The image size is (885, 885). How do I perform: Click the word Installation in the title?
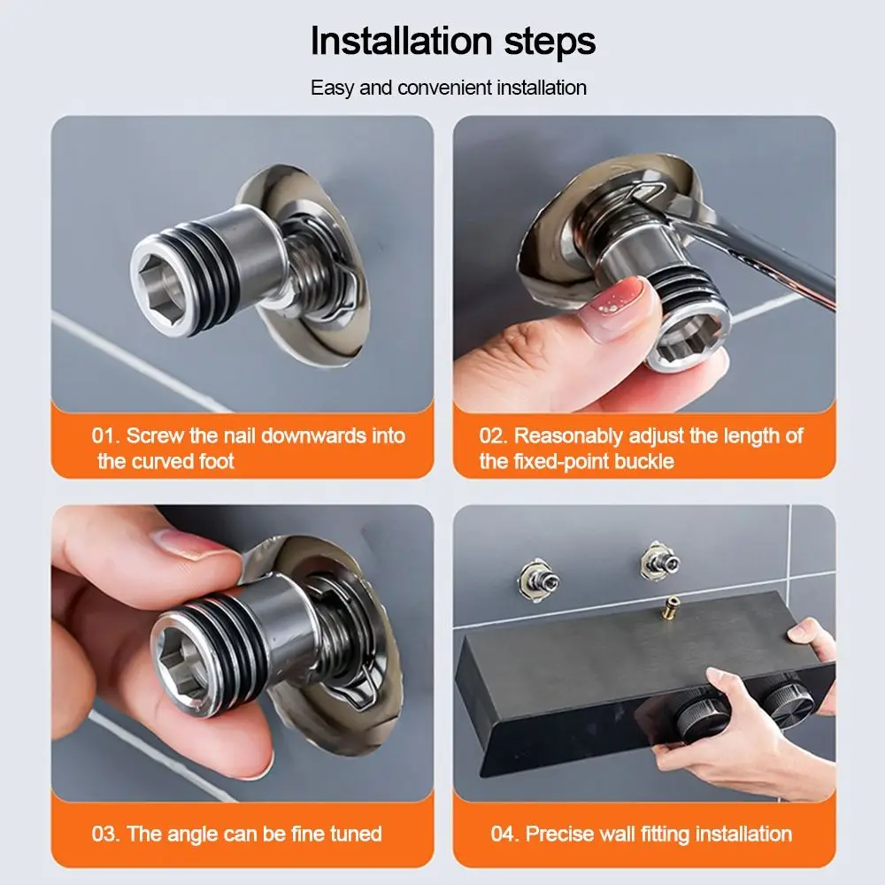[401, 42]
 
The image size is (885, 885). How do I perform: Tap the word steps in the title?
[546, 42]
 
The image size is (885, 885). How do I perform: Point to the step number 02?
[493, 435]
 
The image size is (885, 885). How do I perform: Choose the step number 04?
[504, 834]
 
